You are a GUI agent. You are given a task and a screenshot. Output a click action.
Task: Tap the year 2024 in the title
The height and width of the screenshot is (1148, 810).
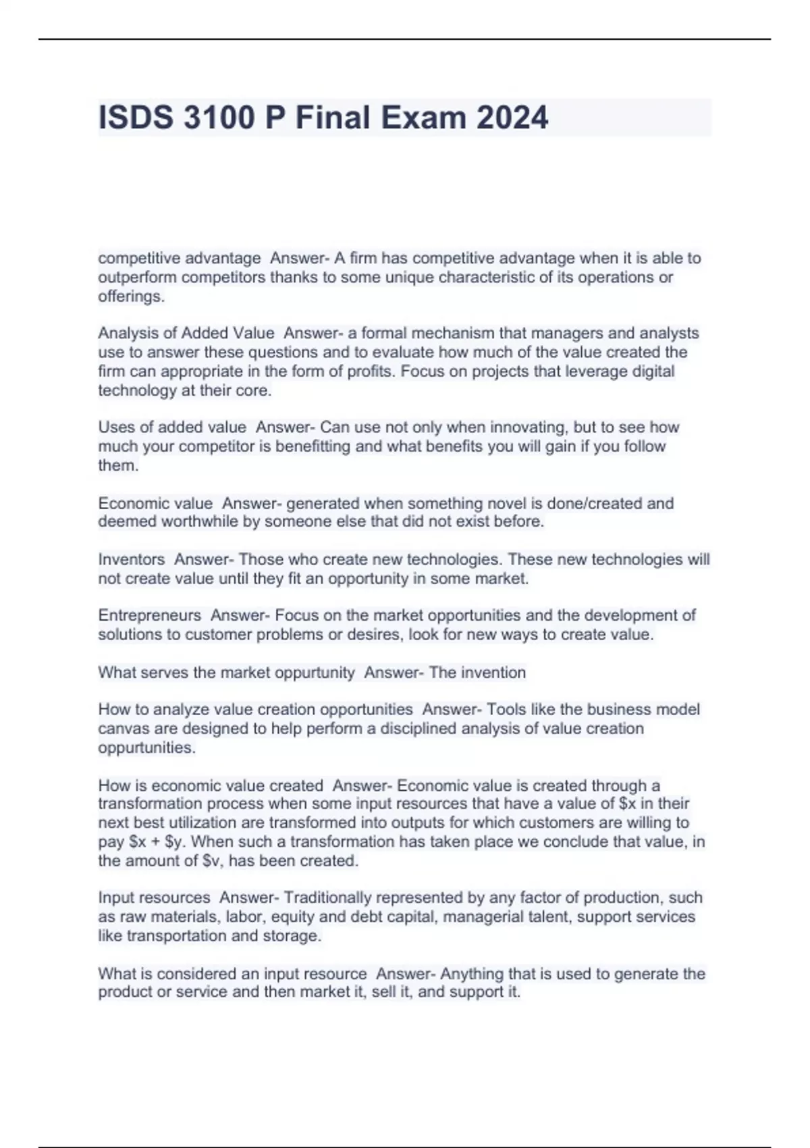click(x=512, y=118)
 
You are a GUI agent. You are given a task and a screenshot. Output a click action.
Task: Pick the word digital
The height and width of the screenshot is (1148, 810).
click(x=649, y=371)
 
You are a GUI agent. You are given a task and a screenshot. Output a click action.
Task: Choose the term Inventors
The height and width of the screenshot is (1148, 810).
click(x=132, y=559)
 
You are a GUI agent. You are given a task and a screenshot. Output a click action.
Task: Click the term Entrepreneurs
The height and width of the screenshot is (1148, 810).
click(x=150, y=615)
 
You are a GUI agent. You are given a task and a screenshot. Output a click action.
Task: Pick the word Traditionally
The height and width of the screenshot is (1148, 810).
click(x=327, y=897)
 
